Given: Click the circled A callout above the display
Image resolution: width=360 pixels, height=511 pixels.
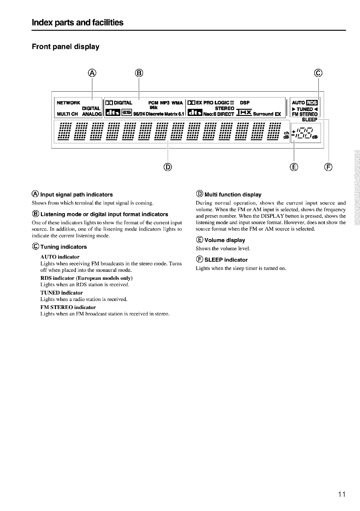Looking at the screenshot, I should click(x=92, y=73).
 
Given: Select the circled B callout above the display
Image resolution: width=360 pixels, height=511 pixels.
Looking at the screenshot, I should click(x=139, y=73).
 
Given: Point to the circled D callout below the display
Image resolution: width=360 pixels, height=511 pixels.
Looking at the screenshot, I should click(x=168, y=167).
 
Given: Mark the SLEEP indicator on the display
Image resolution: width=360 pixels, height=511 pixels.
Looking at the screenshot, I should click(x=309, y=120).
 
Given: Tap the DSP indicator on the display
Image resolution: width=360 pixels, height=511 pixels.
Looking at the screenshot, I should click(x=245, y=103).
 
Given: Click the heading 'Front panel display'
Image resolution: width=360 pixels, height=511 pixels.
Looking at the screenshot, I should click(x=66, y=47).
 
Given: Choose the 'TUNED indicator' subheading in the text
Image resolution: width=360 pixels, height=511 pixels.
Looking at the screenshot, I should click(x=62, y=293).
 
